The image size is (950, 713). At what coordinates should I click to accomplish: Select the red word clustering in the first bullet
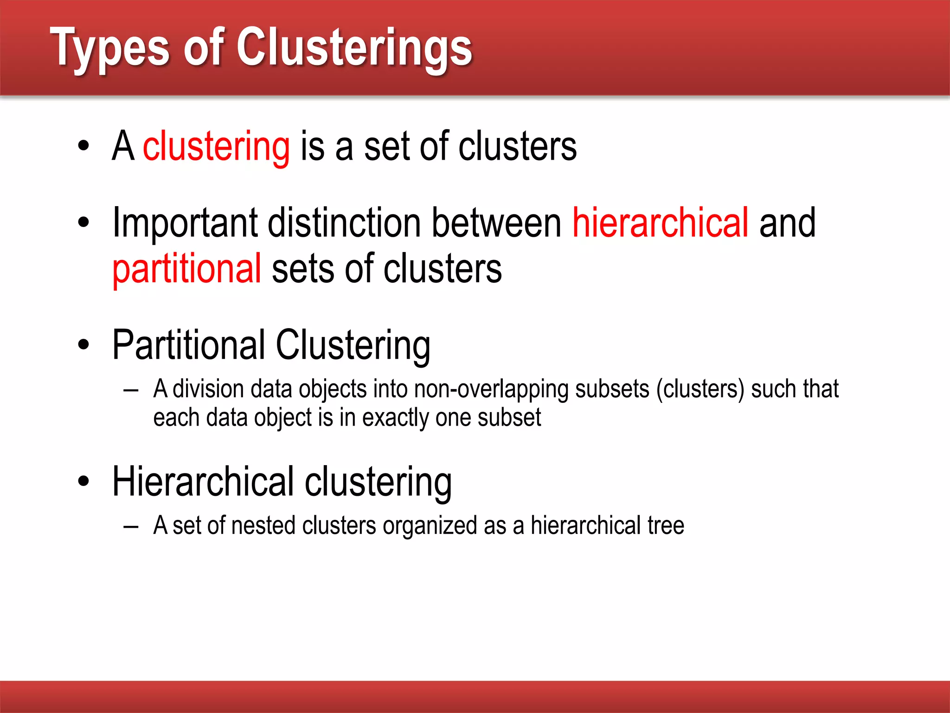coord(216,147)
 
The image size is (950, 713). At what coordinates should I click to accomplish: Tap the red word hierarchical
coord(660,223)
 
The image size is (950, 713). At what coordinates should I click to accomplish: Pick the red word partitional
coord(187,269)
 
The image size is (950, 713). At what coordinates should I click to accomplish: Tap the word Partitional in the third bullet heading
coord(189,345)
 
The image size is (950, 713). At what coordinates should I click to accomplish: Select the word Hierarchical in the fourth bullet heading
coord(203,482)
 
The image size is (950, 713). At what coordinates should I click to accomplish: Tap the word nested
coord(263,526)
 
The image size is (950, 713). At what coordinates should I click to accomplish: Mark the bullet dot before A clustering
coord(83,146)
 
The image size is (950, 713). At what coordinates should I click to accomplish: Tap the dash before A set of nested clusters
coord(131,527)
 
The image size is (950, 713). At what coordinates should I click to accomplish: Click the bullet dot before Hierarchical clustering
coord(83,481)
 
